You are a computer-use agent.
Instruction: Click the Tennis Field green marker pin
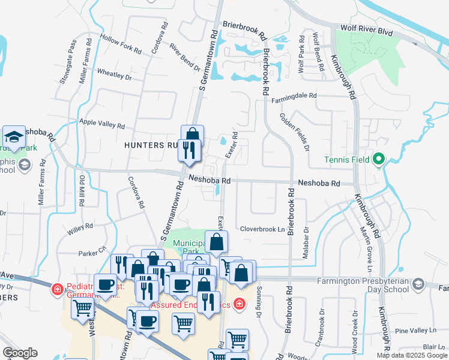(378, 160)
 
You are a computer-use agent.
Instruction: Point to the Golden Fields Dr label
(294, 131)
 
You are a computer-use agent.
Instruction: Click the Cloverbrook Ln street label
(262, 229)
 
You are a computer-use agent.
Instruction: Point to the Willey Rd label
(80, 227)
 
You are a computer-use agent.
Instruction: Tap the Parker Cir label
(93, 248)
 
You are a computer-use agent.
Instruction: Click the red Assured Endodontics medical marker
(240, 304)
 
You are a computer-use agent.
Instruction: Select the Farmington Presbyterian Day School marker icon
(418, 284)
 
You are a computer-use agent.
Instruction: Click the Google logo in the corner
(20, 353)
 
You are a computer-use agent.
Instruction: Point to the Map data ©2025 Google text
(411, 355)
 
